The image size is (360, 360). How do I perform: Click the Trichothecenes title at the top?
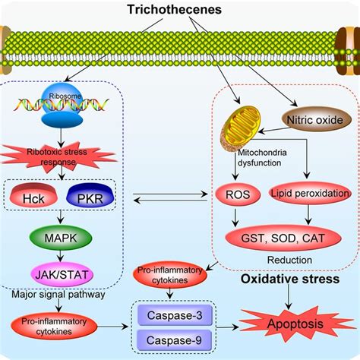(175, 10)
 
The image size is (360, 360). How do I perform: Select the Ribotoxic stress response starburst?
(58, 157)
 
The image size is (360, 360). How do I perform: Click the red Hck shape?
(33, 195)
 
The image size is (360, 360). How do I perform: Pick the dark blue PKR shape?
(90, 195)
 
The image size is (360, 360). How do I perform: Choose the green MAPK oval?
(61, 238)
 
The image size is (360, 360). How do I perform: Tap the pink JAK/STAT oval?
(62, 275)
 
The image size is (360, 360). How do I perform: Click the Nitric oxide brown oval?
(317, 119)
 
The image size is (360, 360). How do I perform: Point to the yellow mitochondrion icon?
(241, 128)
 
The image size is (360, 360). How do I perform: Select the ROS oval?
(238, 194)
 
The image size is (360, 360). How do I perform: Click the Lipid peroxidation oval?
(310, 194)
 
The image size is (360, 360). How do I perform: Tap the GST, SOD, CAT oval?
(283, 238)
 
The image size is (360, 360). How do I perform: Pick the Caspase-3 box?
(175, 315)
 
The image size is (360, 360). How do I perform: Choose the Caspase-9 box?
(174, 340)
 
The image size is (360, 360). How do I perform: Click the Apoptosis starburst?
(295, 324)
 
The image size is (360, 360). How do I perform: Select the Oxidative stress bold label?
(290, 279)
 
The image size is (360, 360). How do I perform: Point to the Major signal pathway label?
(58, 294)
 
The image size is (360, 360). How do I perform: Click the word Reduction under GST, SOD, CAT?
(289, 260)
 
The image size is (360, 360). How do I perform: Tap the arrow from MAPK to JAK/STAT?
(60, 256)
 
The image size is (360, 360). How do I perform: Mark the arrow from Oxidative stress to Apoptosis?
(289, 296)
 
